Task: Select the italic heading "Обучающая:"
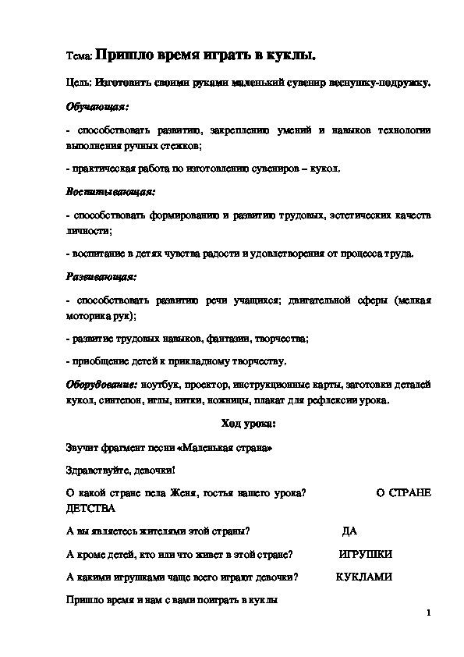(x=96, y=105)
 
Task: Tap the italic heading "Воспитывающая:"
(x=108, y=190)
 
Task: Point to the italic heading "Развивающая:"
(x=101, y=275)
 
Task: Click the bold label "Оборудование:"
(x=101, y=385)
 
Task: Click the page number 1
(x=429, y=613)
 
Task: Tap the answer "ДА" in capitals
(x=349, y=531)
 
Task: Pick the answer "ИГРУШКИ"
(x=365, y=554)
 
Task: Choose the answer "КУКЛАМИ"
(x=363, y=577)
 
